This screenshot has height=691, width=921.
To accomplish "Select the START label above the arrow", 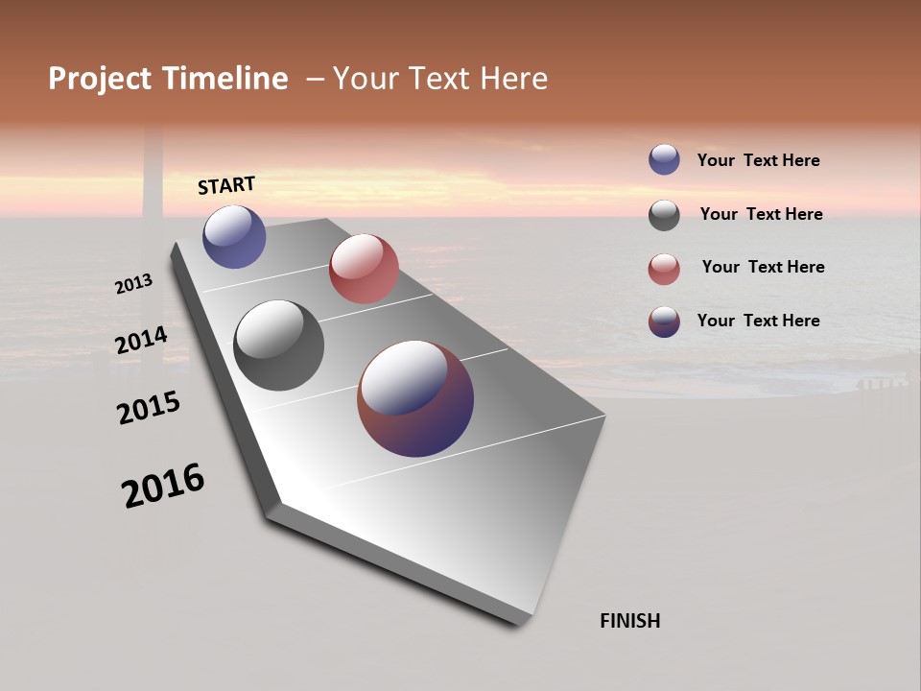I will pyautogui.click(x=226, y=185).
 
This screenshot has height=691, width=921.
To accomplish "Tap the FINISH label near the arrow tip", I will pyautogui.click(x=629, y=621).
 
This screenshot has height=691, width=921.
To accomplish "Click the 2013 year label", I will pyautogui.click(x=133, y=284).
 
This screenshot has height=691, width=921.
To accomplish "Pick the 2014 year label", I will pyautogui.click(x=141, y=341).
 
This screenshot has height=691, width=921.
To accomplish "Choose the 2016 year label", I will pyautogui.click(x=163, y=486).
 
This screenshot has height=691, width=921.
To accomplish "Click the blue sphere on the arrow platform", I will pyautogui.click(x=234, y=237).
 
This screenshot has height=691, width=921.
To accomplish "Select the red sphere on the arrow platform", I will pyautogui.click(x=364, y=269).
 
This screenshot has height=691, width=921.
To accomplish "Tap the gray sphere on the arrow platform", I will pyautogui.click(x=279, y=345).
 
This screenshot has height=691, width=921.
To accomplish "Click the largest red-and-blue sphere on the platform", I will pyautogui.click(x=415, y=398).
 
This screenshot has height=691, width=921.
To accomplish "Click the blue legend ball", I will pyautogui.click(x=664, y=159).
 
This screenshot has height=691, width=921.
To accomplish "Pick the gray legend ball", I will pyautogui.click(x=664, y=215).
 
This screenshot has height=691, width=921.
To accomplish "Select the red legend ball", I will pyautogui.click(x=664, y=269).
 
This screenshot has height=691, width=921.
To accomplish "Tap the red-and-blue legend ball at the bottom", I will pyautogui.click(x=664, y=322).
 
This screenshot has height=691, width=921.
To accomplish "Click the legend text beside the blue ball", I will pyautogui.click(x=758, y=160).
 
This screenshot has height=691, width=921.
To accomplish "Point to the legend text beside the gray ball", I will pyautogui.click(x=761, y=214).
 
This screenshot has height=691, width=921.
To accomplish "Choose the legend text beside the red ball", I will pyautogui.click(x=763, y=267).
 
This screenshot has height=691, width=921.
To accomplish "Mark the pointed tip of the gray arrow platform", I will pyautogui.click(x=523, y=619).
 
